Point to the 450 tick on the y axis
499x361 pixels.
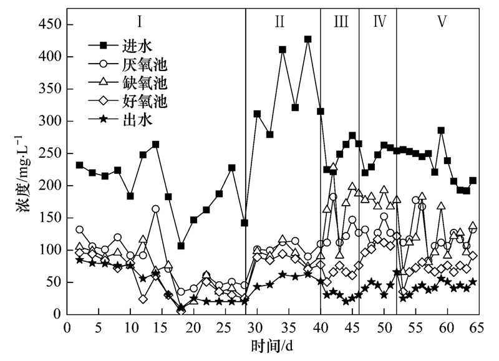pyautogui.click(x=50, y=24)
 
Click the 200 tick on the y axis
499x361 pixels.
pyautogui.click(x=50, y=186)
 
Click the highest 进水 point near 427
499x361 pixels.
pyautogui.click(x=308, y=39)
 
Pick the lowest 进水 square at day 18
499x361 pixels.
pyautogui.click(x=181, y=246)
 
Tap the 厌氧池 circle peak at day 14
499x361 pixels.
pyautogui.click(x=155, y=209)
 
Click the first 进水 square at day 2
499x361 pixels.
pyautogui.click(x=79, y=165)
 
